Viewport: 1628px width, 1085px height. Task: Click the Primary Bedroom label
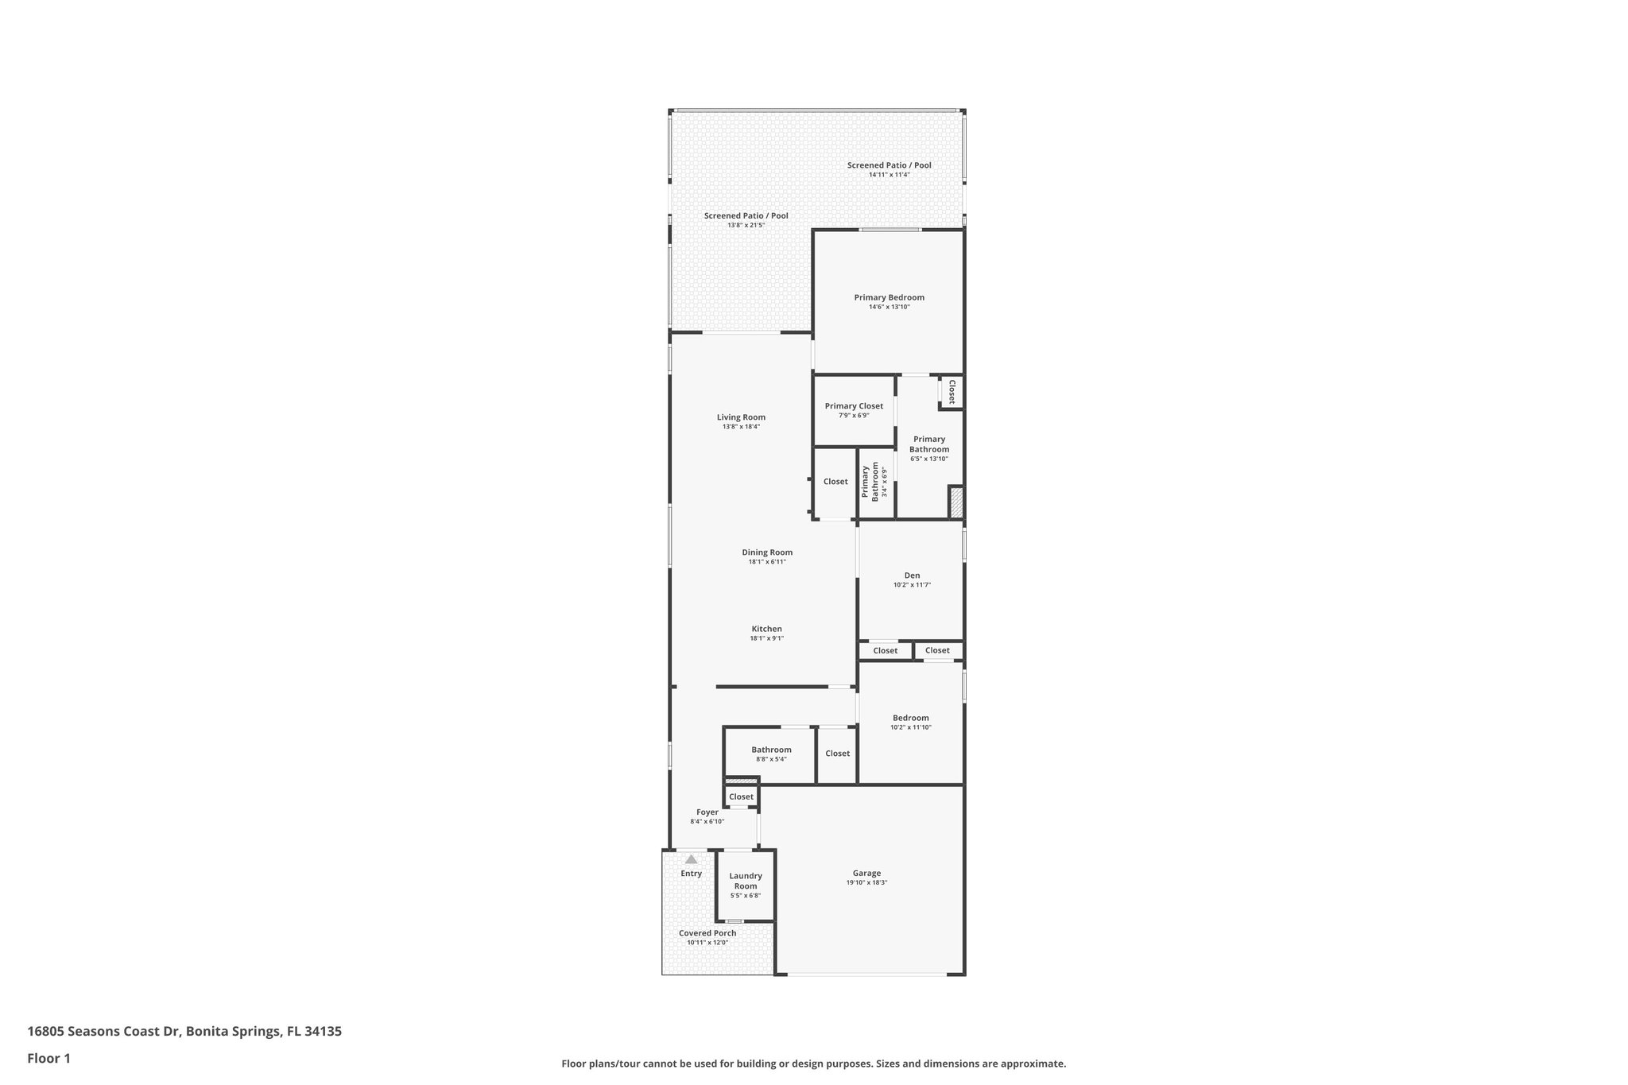click(x=889, y=298)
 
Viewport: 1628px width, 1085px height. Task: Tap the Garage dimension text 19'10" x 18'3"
click(x=866, y=882)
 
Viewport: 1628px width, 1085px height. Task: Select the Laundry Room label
click(x=746, y=881)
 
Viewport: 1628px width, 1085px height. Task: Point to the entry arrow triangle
click(x=691, y=859)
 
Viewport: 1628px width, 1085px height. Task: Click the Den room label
click(x=912, y=575)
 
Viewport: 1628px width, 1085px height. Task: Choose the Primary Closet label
click(x=854, y=406)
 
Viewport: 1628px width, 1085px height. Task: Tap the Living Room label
click(x=741, y=417)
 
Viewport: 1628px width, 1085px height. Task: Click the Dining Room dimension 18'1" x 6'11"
click(x=767, y=562)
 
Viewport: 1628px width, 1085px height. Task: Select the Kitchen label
click(x=766, y=629)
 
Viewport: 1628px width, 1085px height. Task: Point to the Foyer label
click(x=707, y=812)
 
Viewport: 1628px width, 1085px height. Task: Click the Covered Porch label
click(x=707, y=933)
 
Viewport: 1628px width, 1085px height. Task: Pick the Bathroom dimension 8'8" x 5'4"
click(x=770, y=759)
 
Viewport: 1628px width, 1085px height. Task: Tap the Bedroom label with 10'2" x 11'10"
click(x=910, y=718)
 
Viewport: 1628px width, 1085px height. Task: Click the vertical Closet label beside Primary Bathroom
click(x=951, y=392)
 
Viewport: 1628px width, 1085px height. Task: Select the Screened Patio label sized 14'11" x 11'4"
click(x=889, y=165)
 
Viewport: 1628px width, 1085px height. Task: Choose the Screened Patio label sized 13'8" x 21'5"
click(x=746, y=215)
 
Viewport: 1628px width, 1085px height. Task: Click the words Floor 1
click(x=48, y=1058)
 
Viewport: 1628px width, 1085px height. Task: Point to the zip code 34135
click(x=324, y=1031)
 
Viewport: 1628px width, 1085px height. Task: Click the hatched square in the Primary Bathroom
click(x=956, y=502)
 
